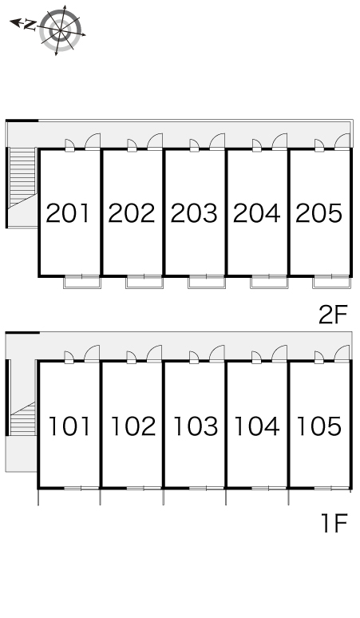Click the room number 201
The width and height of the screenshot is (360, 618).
68,213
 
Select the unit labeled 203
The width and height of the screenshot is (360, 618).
194,213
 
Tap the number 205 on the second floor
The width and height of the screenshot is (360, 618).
318,213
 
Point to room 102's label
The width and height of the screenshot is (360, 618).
133,426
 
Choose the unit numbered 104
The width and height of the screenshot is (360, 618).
257,426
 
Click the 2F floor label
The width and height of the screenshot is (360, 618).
333,315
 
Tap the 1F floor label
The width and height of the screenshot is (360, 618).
334,524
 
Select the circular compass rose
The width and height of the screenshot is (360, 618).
61,31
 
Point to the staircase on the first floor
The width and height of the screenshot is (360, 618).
23,418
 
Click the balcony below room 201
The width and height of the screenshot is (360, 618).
82,282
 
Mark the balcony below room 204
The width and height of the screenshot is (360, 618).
269,282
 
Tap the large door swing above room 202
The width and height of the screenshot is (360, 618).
155,141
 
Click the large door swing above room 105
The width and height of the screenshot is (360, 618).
342,353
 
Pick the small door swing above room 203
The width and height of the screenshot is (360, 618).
193,145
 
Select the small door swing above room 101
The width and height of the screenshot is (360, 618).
69,357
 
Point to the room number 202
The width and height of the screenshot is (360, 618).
132,213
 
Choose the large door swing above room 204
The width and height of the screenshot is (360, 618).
279,141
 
